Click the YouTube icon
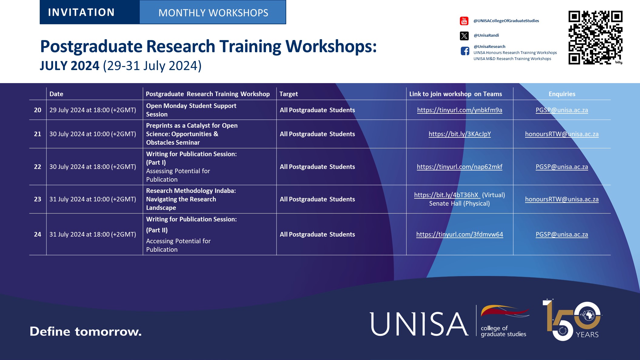[464, 21]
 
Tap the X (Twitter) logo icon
[464, 36]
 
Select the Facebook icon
[465, 51]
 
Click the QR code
[595, 38]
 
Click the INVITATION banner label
[81, 12]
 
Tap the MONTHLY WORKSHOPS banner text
[213, 13]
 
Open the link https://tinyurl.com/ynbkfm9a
[459, 110]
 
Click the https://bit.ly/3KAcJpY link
[459, 134]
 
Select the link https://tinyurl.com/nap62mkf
[459, 167]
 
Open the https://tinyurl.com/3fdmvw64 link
[459, 234]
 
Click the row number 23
[38, 199]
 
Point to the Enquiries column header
[562, 94]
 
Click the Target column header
[289, 94]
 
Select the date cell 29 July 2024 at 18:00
[92, 110]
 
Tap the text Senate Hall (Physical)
[459, 204]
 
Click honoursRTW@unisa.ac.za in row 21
[561, 134]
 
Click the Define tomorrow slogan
[85, 331]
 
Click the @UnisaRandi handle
[486, 35]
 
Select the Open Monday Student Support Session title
[191, 110]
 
